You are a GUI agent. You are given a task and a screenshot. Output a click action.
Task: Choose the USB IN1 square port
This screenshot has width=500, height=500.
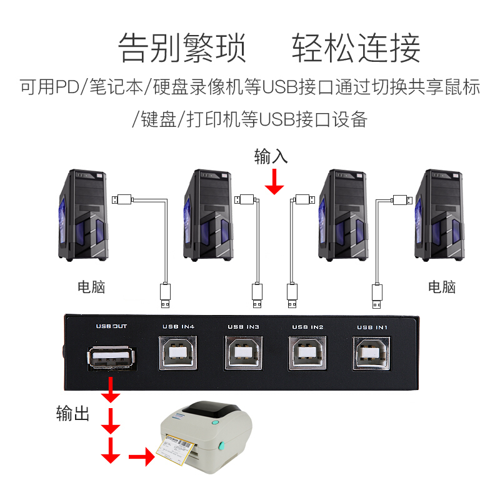click(x=372, y=354)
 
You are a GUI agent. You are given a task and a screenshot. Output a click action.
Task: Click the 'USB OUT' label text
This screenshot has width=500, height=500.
click(x=111, y=326)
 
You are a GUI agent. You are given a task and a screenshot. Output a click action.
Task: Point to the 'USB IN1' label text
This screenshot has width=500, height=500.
click(x=372, y=327)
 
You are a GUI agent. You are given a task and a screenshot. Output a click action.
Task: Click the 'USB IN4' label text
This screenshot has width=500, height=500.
click(x=179, y=326)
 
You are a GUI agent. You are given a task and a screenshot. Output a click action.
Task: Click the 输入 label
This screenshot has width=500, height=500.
click(x=271, y=157)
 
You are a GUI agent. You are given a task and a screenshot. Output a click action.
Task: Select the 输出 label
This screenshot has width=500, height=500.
click(x=73, y=414)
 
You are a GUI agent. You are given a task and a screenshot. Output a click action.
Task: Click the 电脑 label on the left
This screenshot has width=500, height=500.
click(x=91, y=287)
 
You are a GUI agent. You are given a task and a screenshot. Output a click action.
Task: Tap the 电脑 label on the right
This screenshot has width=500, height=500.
click(x=442, y=287)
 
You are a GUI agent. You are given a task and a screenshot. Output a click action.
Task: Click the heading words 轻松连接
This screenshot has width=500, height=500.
click(x=356, y=48)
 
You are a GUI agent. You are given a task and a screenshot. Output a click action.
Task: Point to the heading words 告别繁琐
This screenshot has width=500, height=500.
click(x=182, y=48)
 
